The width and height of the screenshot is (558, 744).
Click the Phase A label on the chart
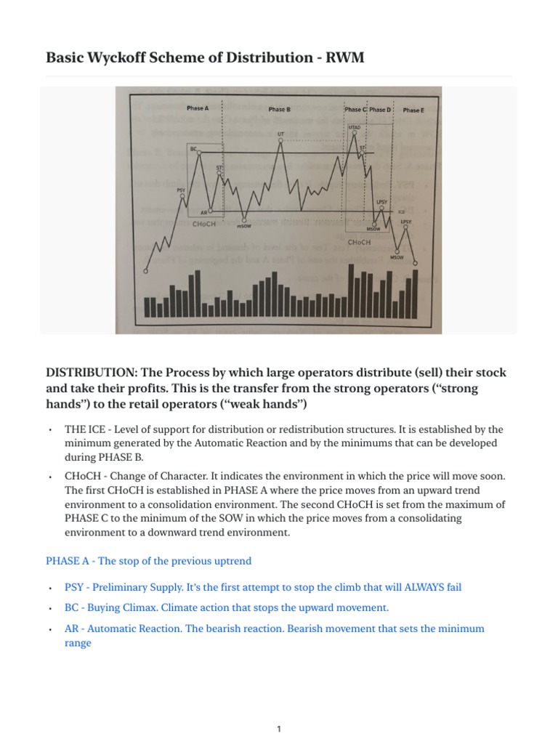197,108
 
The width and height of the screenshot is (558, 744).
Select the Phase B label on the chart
279,110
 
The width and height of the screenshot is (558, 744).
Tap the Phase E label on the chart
413,110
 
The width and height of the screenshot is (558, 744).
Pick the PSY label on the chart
181,190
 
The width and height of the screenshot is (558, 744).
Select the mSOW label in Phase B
244,226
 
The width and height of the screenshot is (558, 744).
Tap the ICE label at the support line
401,212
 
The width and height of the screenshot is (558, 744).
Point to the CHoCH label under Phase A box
204,225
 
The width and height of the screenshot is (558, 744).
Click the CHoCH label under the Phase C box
360,241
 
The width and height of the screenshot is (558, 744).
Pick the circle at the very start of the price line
146,271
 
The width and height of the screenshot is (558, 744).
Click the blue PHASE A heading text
148,561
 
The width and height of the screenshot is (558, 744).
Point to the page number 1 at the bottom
279,709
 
